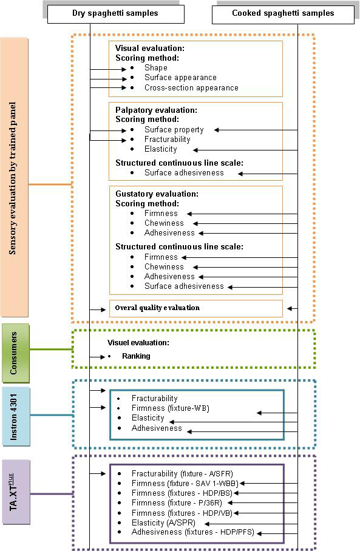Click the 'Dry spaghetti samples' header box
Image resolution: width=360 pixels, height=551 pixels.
(x=116, y=14)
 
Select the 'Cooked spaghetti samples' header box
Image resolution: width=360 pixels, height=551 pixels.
(x=283, y=15)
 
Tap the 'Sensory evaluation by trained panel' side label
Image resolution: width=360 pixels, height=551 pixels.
(x=14, y=177)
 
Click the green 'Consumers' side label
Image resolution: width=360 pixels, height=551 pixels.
(x=15, y=353)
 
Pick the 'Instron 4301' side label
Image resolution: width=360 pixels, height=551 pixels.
(x=16, y=417)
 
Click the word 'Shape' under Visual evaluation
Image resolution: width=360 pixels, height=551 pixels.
(x=156, y=68)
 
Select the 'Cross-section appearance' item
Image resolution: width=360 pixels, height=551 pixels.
(x=191, y=87)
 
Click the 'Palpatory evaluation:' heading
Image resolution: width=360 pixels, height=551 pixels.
(x=156, y=110)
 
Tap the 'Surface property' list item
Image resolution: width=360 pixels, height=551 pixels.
(x=174, y=130)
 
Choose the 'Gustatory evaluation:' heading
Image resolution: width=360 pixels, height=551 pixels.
(x=157, y=194)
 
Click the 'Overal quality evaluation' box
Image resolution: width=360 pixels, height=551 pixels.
(x=196, y=308)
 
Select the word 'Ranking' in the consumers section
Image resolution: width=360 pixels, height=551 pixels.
(x=136, y=356)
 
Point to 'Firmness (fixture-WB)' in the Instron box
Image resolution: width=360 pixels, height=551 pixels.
(x=171, y=408)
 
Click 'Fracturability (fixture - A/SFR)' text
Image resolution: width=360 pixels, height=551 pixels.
(x=182, y=474)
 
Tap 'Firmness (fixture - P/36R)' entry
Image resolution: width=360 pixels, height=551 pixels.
(x=177, y=503)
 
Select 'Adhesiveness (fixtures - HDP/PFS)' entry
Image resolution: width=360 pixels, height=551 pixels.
(x=192, y=532)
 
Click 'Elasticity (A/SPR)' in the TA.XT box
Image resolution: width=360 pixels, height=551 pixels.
(x=163, y=522)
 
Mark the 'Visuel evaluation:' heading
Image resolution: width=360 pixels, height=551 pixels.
(x=138, y=343)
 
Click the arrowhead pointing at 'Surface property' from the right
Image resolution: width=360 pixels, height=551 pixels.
(x=217, y=130)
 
